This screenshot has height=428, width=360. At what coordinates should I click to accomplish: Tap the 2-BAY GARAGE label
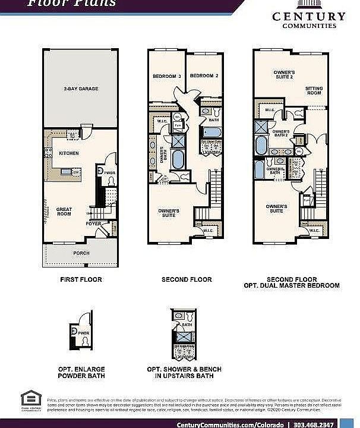tap(81, 89)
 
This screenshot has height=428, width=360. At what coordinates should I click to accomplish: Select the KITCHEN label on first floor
tap(69, 153)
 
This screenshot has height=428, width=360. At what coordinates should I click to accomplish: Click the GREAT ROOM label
tap(64, 212)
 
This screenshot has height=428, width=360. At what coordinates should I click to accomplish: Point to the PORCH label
tap(81, 253)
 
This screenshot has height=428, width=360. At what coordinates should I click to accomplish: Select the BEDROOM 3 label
tap(166, 76)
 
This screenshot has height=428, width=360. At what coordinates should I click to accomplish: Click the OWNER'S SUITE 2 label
tap(284, 74)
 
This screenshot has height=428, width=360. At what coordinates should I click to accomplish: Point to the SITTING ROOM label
tap(314, 91)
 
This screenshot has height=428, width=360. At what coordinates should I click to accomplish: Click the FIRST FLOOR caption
tap(81, 279)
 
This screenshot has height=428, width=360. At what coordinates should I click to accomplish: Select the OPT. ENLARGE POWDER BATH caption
tap(82, 372)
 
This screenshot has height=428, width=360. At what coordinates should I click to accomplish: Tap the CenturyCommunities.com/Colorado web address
tap(232, 424)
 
